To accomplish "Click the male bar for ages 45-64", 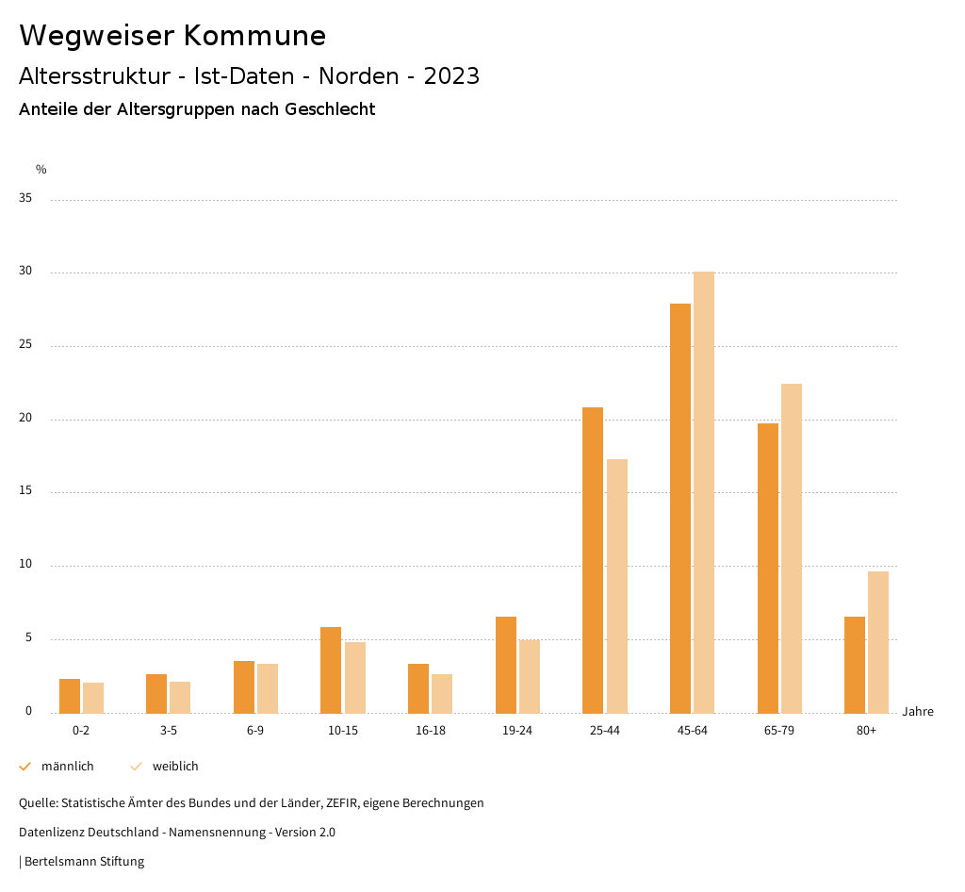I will coord(680,508).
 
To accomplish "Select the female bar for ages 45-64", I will coord(704,492).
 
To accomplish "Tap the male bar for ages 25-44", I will coord(593,560).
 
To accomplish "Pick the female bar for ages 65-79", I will coord(792,549).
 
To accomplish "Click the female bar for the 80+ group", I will coord(878,642).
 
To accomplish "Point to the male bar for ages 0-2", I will coord(70,696).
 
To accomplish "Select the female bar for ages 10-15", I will coord(355,678).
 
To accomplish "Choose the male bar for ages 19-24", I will coord(506,665).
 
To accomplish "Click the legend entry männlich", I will coord(67,767).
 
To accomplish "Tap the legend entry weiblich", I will coord(175,767).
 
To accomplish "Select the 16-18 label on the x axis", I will coord(431,731).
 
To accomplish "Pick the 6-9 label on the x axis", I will coord(255,731).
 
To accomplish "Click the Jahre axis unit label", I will coord(918,712).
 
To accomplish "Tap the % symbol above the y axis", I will coord(41,170).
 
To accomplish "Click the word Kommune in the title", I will coord(254,36).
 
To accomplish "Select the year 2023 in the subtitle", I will coord(451,76).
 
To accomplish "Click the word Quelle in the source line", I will coord(37,803).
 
